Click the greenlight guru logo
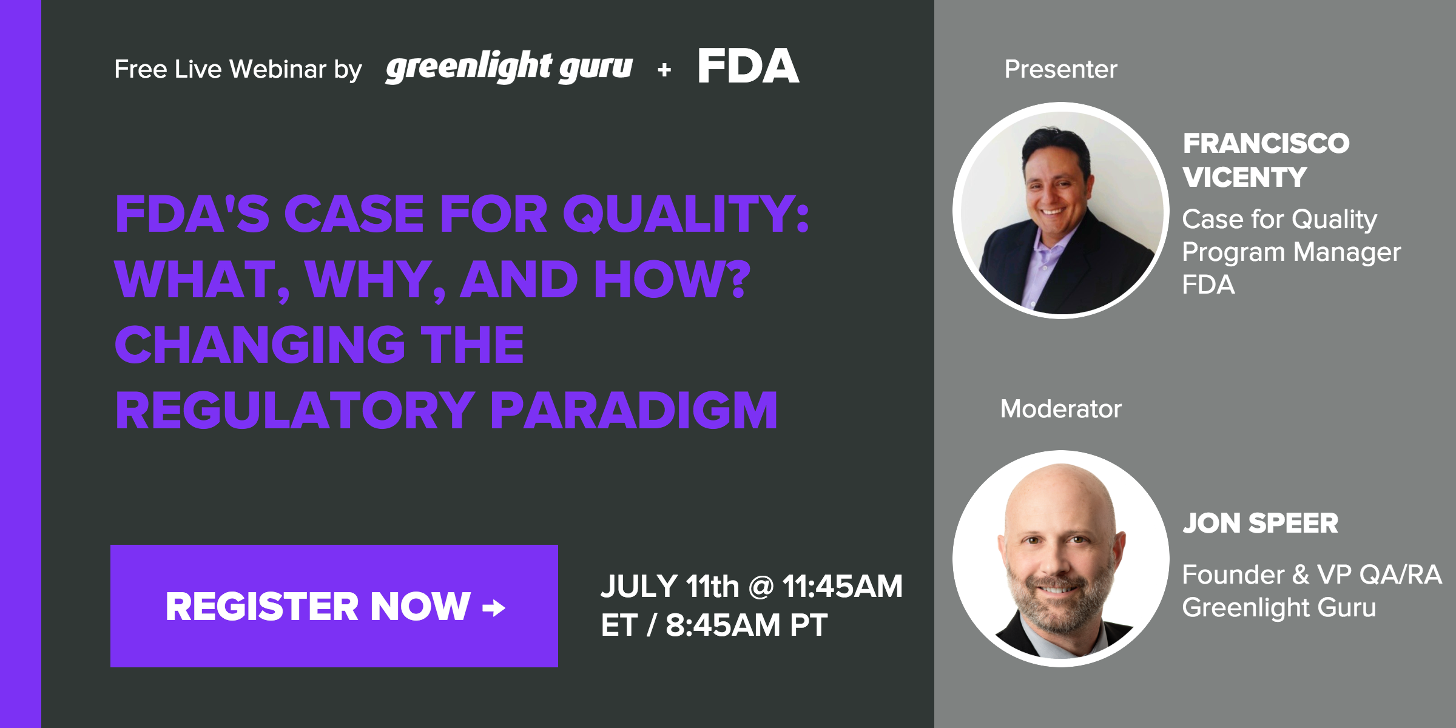click(x=508, y=67)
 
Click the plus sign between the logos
click(x=664, y=70)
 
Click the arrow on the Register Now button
click(x=494, y=607)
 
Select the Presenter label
click(x=1060, y=69)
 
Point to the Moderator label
click(x=1060, y=408)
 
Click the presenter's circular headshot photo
click(x=1060, y=211)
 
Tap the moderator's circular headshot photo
click(x=1060, y=558)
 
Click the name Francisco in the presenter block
click(x=1266, y=144)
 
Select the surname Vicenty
click(x=1244, y=177)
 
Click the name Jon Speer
click(x=1260, y=523)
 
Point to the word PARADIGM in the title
click(x=633, y=411)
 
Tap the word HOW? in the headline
click(x=672, y=279)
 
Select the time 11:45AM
click(x=843, y=587)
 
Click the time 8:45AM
click(x=723, y=625)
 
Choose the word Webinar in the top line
click(x=278, y=69)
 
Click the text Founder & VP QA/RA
click(x=1312, y=575)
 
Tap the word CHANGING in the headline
click(x=260, y=345)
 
